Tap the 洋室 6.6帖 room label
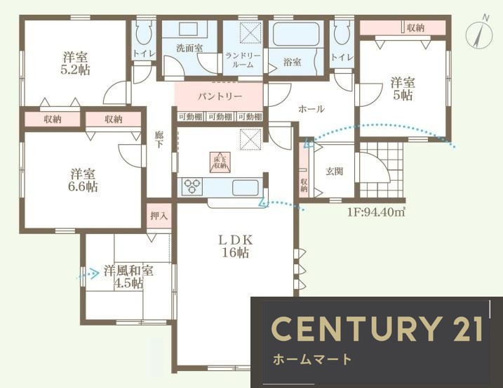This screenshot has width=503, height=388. [83, 181]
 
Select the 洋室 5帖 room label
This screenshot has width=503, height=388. [402, 89]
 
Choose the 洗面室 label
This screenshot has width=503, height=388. [189, 48]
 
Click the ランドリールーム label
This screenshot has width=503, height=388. [243, 60]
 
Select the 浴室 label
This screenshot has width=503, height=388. [292, 62]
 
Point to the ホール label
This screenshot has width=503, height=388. [311, 109]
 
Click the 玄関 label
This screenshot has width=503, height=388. [333, 170]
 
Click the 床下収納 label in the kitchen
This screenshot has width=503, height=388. [219, 162]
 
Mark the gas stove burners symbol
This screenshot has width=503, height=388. [192, 188]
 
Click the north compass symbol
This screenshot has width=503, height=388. [481, 32]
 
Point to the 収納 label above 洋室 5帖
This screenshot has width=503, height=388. [415, 27]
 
